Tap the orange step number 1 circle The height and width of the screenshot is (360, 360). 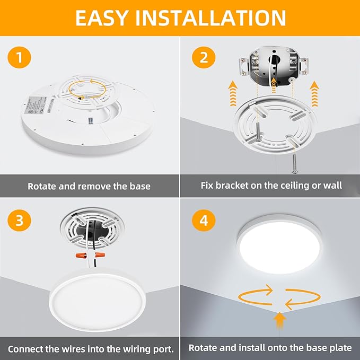pyautogui.click(x=19, y=58)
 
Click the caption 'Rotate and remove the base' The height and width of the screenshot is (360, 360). pyautogui.click(x=89, y=186)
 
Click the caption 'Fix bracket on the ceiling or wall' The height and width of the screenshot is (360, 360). pyautogui.click(x=271, y=186)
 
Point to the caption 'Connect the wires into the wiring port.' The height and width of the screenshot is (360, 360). pyautogui.click(x=90, y=349)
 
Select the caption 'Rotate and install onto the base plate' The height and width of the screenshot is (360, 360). pyautogui.click(x=270, y=348)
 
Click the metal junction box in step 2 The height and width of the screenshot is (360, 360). pyautogui.click(x=271, y=67)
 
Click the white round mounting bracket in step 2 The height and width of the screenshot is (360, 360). pyautogui.click(x=270, y=124)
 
